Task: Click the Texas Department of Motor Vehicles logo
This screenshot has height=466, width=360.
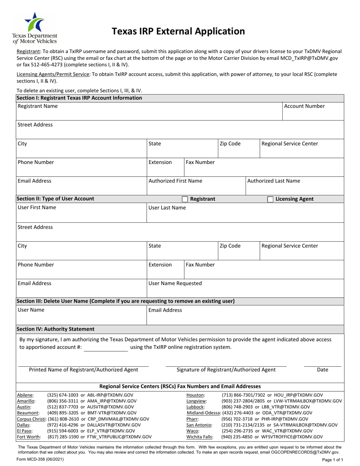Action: tap(34, 28)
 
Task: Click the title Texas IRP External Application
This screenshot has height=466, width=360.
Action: tap(178, 31)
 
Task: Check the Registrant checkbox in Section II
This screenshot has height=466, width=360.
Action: tap(185, 199)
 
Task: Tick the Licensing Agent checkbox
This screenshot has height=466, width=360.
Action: tap(271, 199)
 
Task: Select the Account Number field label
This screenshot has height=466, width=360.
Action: tap(304, 106)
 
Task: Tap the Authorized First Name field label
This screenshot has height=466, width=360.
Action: tap(175, 181)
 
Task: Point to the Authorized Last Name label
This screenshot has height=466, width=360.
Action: tap(273, 181)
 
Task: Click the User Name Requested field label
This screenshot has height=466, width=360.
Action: tap(175, 283)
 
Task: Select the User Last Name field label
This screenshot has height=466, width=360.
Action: tap(167, 208)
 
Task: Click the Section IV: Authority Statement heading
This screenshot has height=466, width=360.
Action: tap(55, 329)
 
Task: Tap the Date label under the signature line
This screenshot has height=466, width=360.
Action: tap(322, 370)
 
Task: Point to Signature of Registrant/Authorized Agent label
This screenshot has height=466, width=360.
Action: tap(226, 370)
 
